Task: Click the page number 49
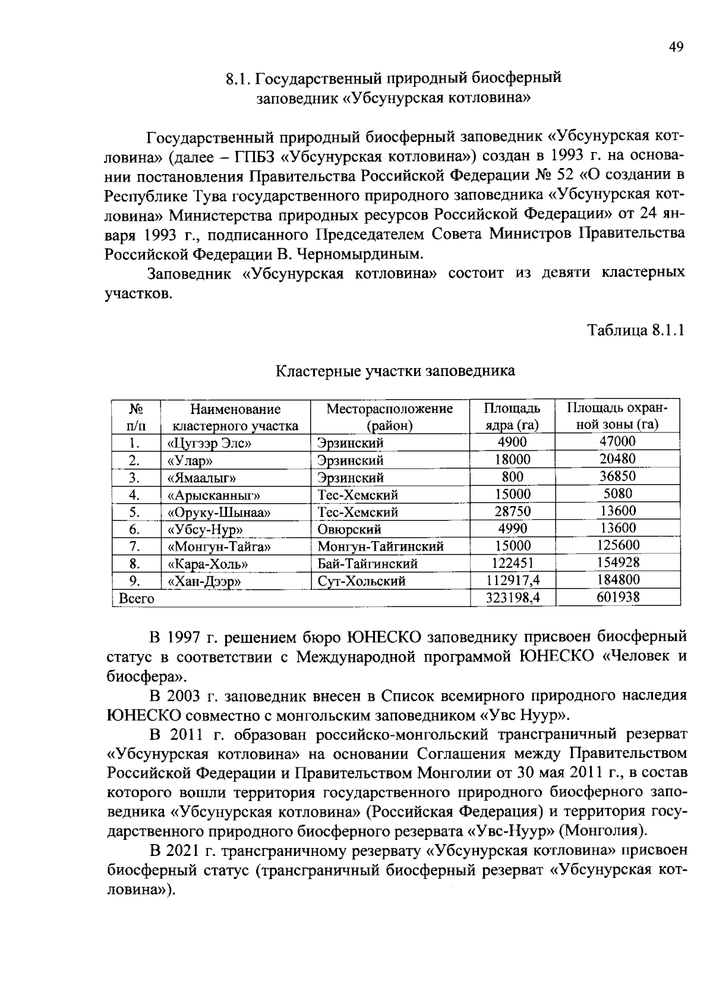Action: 676,48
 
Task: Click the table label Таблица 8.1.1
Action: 636,330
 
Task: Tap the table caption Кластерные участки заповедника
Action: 395,371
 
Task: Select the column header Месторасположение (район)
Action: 389,417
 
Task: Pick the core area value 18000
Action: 512,460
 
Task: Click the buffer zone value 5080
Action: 617,494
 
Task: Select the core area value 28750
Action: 512,511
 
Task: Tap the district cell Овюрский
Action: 349,529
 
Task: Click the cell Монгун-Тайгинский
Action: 380,546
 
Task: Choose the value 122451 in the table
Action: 512,563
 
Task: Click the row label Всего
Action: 137,599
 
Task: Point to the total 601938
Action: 617,598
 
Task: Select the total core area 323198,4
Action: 512,598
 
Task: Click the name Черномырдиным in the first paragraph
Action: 367,254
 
